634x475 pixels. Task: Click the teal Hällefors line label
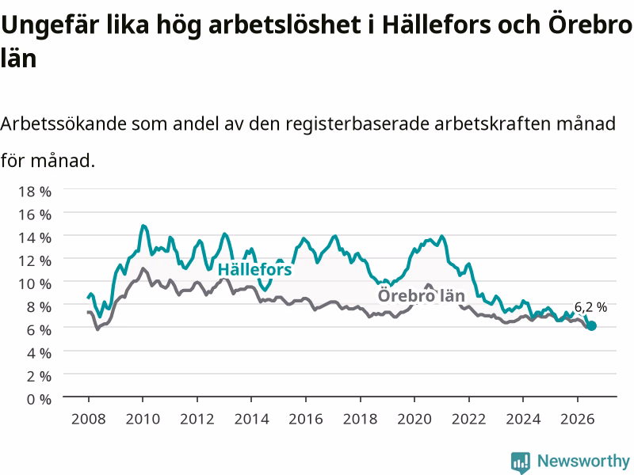[254, 269]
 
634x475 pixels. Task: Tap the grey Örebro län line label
[422, 296]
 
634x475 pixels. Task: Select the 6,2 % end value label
[590, 307]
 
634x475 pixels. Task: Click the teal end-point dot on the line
[591, 325]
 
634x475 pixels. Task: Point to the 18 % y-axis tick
[35, 192]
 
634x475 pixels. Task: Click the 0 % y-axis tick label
[39, 400]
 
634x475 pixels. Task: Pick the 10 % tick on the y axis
[35, 284]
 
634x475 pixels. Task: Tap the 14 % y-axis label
[35, 237]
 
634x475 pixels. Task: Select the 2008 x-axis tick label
[89, 419]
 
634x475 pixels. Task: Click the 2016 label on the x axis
[306, 419]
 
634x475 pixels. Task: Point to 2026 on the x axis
[578, 419]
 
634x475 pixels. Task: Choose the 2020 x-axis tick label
[414, 419]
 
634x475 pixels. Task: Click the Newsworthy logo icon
[521, 462]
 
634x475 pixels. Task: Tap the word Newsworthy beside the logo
[583, 461]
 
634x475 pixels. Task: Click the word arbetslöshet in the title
[285, 25]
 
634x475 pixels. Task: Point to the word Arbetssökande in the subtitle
[64, 123]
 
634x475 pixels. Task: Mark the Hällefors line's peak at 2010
[143, 226]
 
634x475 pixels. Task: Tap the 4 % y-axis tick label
[39, 353]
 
